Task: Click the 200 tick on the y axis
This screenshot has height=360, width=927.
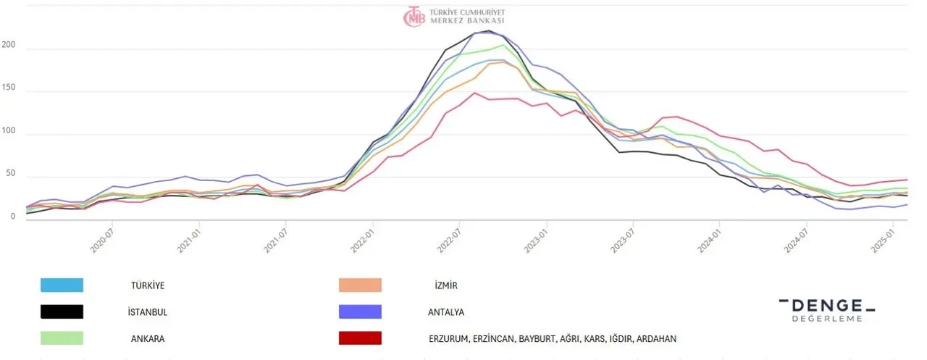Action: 8,46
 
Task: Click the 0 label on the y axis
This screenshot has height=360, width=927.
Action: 12,216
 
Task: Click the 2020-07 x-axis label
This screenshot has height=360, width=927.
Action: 104,240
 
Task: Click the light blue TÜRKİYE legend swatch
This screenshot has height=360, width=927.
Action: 62,285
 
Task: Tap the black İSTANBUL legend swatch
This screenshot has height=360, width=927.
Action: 62,311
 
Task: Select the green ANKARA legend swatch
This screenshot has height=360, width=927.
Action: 62,338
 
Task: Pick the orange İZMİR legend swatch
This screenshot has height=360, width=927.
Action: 360,285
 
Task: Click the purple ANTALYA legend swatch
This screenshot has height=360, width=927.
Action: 360,311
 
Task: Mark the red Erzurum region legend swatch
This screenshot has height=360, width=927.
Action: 360,338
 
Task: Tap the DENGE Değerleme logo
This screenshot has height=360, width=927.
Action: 826,309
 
